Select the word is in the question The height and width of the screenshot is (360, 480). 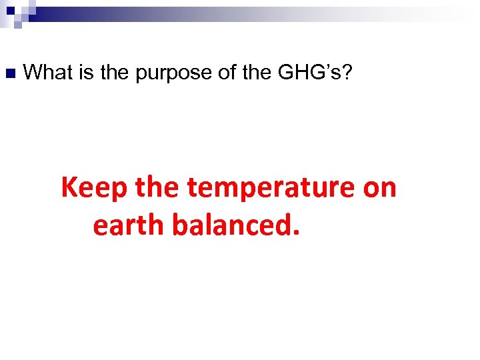(87, 72)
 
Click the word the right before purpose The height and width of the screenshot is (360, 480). (115, 72)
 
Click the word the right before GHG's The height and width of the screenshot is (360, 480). (257, 72)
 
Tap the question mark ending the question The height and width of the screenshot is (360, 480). (347, 72)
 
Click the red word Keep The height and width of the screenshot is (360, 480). (95, 189)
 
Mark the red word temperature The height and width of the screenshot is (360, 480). (272, 189)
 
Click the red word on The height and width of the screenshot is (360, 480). (380, 189)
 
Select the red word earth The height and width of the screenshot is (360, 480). (129, 225)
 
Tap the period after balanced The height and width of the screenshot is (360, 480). (296, 234)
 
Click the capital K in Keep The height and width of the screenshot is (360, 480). (69, 188)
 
